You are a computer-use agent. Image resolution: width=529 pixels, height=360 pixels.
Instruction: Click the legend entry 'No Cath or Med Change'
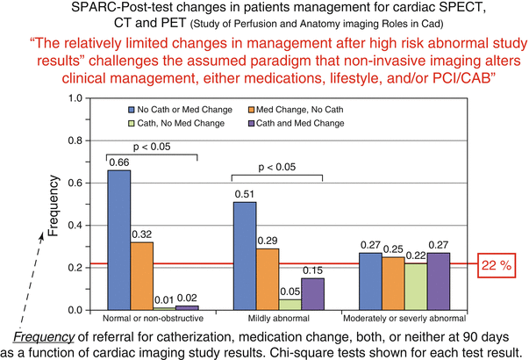pos(176,110)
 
